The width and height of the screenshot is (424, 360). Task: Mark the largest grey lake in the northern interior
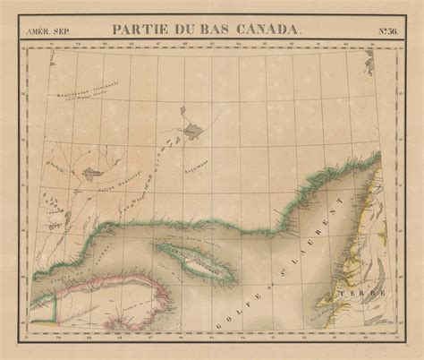coord(192,133)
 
